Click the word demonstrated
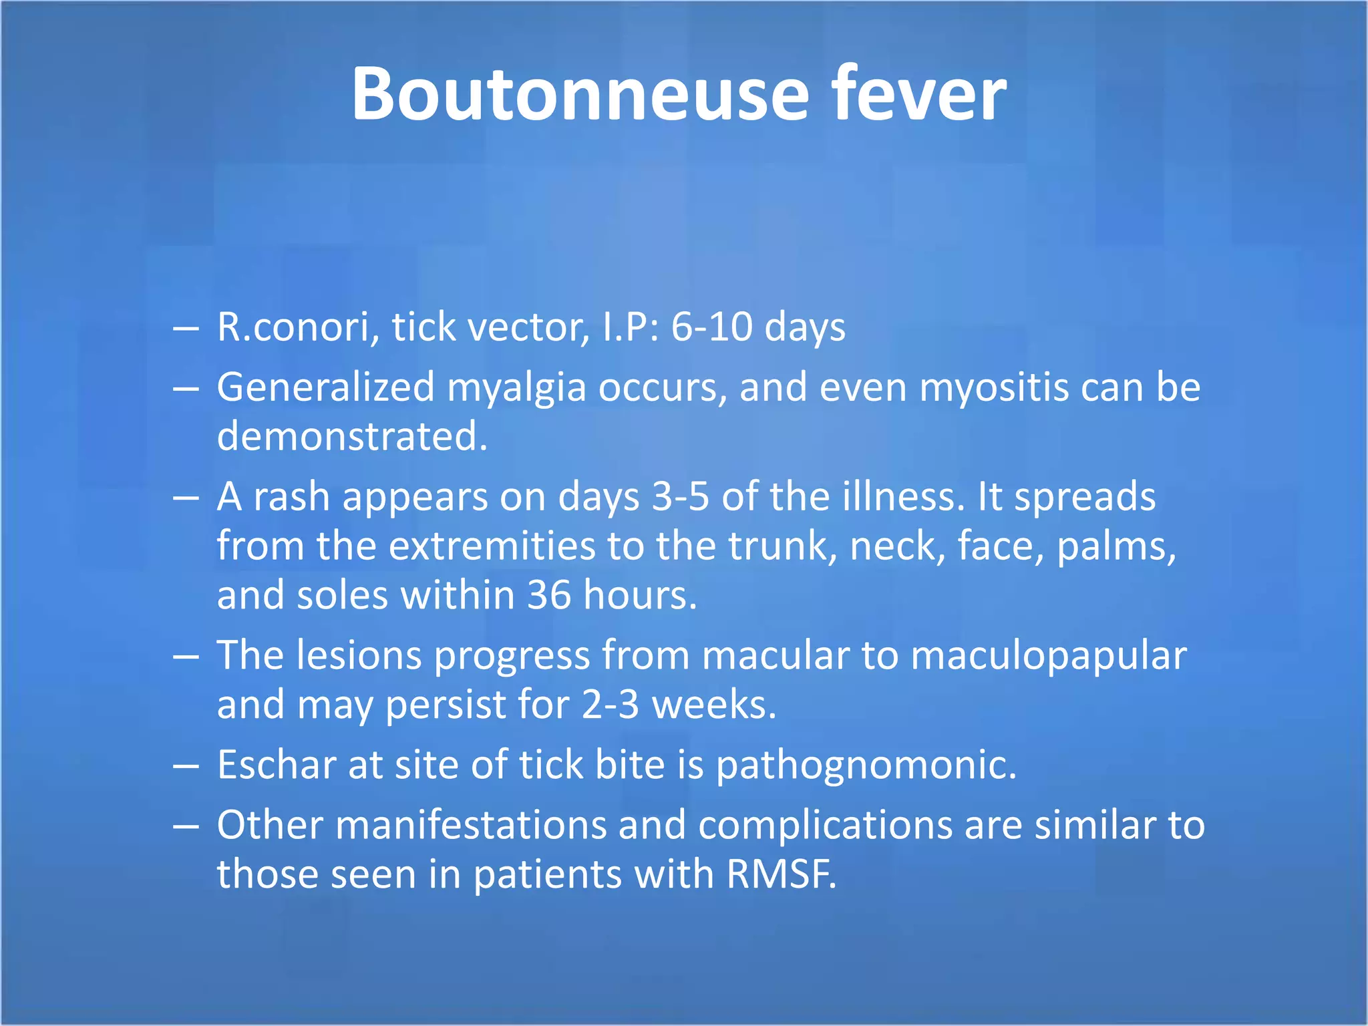tap(352, 436)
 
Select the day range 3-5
tap(680, 497)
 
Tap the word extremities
tap(492, 546)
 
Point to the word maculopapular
tap(1048, 656)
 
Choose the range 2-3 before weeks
tap(611, 705)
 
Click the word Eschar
tap(277, 765)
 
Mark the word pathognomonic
tap(866, 766)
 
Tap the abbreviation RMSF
tap(781, 874)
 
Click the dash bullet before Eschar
tap(186, 765)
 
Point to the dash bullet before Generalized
tap(186, 388)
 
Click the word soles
tap(342, 595)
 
